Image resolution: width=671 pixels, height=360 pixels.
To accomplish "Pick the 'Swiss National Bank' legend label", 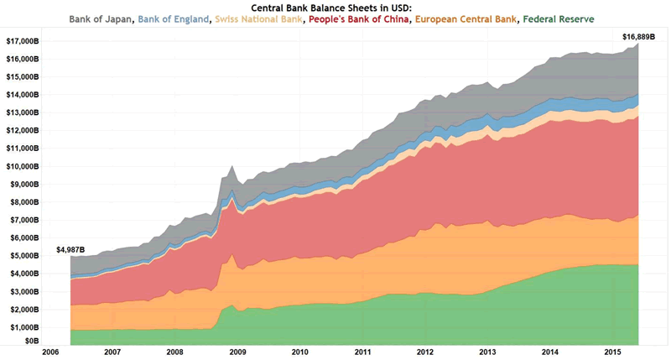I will click(260, 18).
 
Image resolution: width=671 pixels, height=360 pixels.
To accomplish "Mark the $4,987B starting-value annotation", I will click(70, 249).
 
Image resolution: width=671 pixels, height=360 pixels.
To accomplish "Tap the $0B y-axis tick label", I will click(31, 342).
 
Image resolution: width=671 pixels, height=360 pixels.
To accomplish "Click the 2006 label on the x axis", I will click(50, 352).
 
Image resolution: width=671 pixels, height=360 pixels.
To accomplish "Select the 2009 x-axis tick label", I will click(237, 352).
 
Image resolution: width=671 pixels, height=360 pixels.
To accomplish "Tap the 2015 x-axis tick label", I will click(611, 352).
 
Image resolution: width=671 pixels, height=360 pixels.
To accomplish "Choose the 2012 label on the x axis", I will click(424, 352).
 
